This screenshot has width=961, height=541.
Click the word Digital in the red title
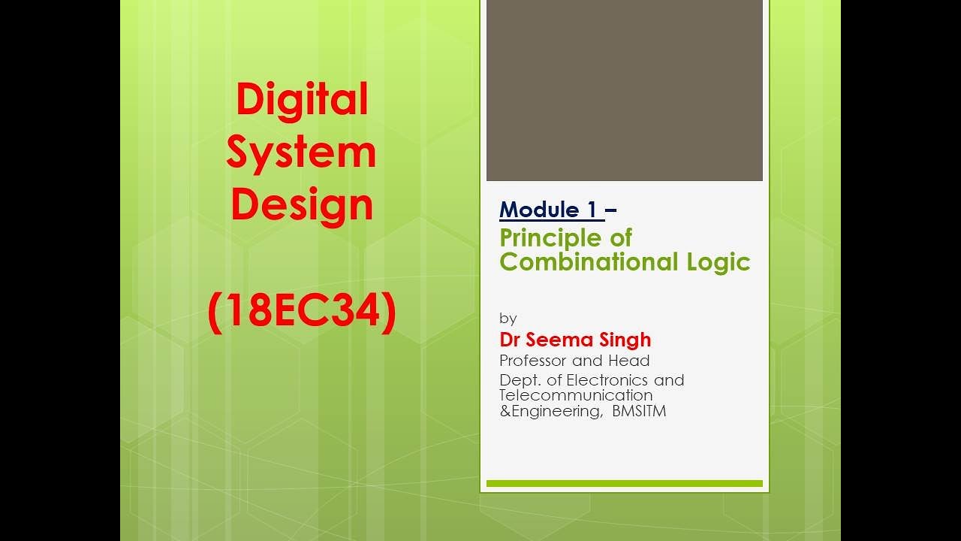pyautogui.click(x=302, y=100)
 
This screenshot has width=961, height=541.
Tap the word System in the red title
pyautogui.click(x=301, y=153)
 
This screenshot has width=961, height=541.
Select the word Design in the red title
pyautogui.click(x=302, y=204)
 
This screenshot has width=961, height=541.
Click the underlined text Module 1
pyautogui.click(x=550, y=210)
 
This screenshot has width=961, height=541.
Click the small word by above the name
pyautogui.click(x=508, y=319)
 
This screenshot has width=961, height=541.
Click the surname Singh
pyautogui.click(x=625, y=340)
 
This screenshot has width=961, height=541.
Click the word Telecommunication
pyautogui.click(x=576, y=395)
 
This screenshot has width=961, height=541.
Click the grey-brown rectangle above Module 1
pyautogui.click(x=624, y=90)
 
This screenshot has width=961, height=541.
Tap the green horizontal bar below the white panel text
pyautogui.click(x=624, y=484)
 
